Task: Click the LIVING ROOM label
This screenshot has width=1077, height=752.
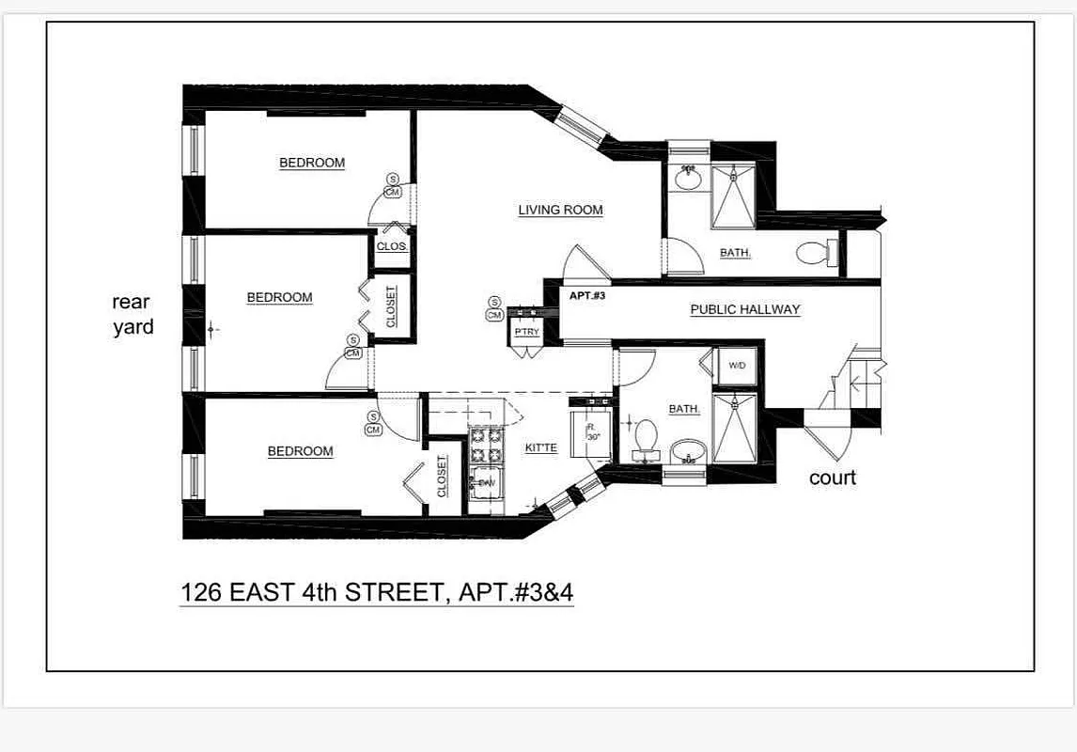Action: coord(560,211)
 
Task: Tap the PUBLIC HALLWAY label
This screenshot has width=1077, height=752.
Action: coord(744,309)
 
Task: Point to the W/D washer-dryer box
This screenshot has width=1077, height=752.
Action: coord(736,366)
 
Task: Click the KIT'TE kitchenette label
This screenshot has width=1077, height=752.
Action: coord(540,448)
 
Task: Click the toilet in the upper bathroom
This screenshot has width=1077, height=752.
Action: coord(815,252)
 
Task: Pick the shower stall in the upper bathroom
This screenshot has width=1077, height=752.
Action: coord(733,196)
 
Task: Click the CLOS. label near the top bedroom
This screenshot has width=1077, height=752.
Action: coord(391,246)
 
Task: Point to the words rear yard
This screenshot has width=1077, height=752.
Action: coord(133,315)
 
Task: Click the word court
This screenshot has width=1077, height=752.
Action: coord(833,478)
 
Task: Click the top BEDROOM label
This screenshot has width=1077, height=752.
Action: coord(312,164)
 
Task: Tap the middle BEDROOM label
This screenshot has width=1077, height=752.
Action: coord(279,298)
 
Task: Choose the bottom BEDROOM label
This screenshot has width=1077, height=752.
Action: coord(300,451)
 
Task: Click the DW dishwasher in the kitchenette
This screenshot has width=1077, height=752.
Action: coord(486,482)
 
